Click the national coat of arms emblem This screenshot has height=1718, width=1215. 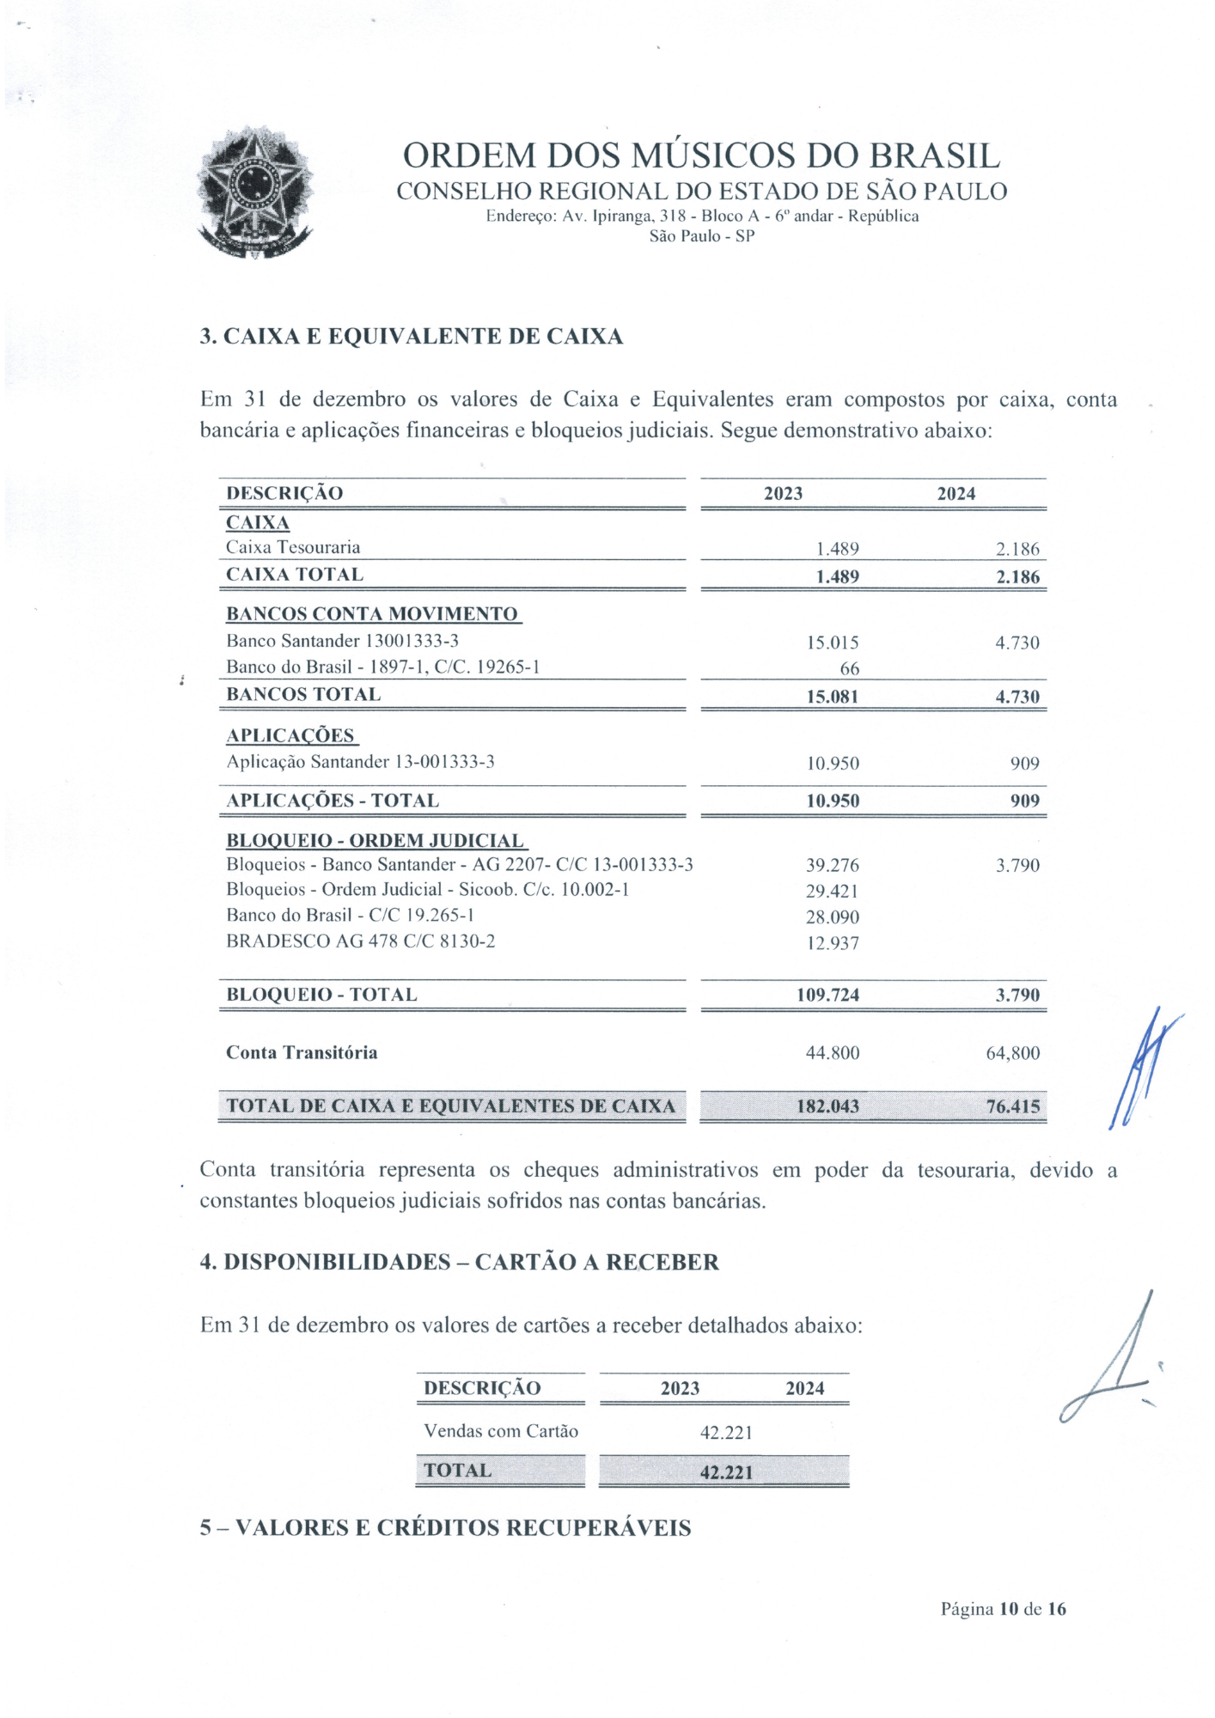click(255, 192)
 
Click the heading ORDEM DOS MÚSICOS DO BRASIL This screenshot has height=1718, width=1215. click(701, 156)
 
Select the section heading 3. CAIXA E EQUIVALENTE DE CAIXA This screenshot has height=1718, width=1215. click(411, 337)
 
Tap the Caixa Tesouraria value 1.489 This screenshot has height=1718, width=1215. click(837, 549)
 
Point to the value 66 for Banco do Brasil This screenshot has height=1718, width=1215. click(849, 668)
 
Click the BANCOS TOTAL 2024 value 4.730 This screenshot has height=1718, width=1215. click(1017, 697)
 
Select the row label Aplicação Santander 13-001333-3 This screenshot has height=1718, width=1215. click(360, 762)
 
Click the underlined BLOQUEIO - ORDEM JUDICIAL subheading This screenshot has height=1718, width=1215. click(375, 840)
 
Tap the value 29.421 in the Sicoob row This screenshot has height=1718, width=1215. click(832, 891)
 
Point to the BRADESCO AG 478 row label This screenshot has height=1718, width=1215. click(360, 941)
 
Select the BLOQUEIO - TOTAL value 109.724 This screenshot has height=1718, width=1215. click(827, 995)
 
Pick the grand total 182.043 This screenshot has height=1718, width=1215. click(827, 1106)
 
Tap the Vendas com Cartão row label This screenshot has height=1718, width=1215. click(500, 1431)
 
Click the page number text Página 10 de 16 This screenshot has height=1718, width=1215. click(1003, 1609)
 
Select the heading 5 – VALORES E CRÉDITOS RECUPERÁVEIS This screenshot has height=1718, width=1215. click(445, 1528)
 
